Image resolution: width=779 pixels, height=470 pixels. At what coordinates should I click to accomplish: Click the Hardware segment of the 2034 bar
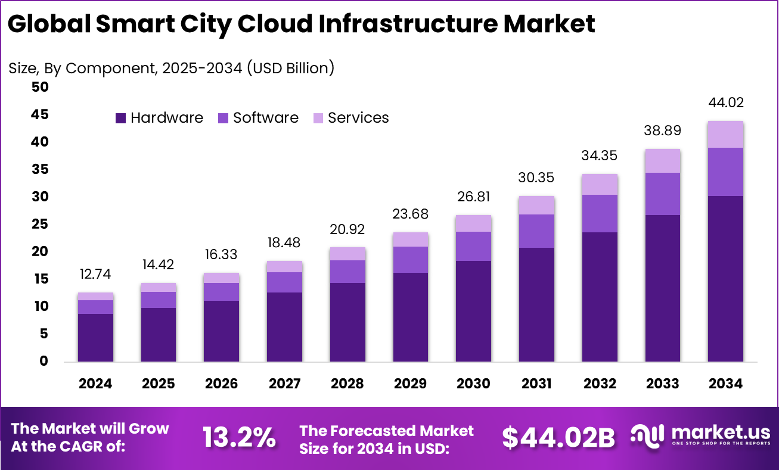[x=725, y=278]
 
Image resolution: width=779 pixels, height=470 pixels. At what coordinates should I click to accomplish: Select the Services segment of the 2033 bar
[x=662, y=161]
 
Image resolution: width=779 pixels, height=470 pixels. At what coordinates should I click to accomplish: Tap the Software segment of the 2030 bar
[x=473, y=246]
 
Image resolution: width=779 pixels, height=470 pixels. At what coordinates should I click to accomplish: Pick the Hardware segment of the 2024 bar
[x=95, y=337]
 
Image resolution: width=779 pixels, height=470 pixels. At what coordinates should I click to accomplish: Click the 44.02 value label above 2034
[x=725, y=103]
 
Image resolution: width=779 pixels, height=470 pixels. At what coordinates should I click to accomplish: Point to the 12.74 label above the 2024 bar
[x=95, y=275]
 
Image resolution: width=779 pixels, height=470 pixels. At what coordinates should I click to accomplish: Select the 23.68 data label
[x=410, y=214]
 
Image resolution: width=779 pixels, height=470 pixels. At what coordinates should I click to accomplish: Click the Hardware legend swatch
[x=121, y=118]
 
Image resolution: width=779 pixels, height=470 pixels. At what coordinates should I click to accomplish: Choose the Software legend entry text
[x=265, y=118]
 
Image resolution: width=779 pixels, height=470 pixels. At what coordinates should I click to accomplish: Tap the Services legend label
[x=358, y=118]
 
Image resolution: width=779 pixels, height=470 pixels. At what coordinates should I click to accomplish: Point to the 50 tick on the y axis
[x=39, y=87]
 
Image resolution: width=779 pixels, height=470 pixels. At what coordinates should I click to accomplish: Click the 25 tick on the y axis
[x=39, y=225]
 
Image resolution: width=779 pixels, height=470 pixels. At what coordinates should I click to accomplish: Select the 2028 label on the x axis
[x=347, y=384]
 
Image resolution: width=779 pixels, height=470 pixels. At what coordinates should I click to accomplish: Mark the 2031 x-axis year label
[x=536, y=384]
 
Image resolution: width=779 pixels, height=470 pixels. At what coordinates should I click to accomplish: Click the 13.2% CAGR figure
[x=239, y=438]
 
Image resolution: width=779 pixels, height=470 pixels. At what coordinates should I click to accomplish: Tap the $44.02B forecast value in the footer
[x=558, y=438]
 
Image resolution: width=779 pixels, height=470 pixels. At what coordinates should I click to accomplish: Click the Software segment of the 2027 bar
[x=284, y=282]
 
